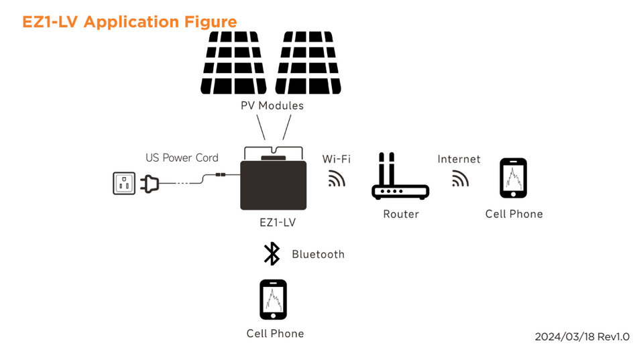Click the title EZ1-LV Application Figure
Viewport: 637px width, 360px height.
click(x=129, y=21)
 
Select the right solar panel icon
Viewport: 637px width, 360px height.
click(x=309, y=63)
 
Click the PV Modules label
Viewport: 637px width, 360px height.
click(x=272, y=106)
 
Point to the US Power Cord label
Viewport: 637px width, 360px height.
click(x=182, y=158)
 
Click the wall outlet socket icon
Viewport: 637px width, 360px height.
click(x=124, y=183)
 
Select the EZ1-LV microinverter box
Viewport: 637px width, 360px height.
click(x=273, y=184)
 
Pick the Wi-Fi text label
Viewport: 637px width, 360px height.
click(x=336, y=159)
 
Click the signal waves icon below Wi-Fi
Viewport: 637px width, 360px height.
click(x=336, y=178)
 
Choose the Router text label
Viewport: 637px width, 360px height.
click(x=401, y=215)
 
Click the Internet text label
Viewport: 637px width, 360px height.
click(x=459, y=159)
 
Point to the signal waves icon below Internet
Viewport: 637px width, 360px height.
click(x=460, y=178)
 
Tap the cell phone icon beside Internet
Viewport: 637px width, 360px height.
click(x=514, y=178)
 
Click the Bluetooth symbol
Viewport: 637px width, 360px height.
click(x=272, y=254)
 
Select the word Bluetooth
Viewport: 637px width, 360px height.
click(x=318, y=255)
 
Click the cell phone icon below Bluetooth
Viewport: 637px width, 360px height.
click(x=274, y=300)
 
